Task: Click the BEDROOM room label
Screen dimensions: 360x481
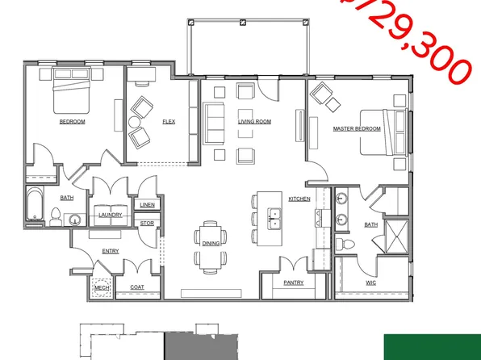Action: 72,122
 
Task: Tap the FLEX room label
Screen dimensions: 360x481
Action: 169,122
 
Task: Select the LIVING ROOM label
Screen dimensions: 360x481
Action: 254,122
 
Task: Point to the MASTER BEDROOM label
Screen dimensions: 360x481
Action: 356,128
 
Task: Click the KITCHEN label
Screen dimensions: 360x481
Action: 300,199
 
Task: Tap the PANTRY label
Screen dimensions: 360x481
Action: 294,283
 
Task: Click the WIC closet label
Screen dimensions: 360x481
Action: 370,283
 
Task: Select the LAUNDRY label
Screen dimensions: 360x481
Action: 110,215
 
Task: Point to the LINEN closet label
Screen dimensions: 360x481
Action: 148,205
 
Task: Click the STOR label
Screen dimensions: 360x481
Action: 147,224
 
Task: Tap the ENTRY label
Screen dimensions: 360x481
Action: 111,251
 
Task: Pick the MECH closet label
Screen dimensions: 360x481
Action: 102,287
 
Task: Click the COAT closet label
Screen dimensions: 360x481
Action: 137,287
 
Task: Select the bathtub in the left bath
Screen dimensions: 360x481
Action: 36,205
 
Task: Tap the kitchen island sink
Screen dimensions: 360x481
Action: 275,217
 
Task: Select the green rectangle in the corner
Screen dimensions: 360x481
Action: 432,346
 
